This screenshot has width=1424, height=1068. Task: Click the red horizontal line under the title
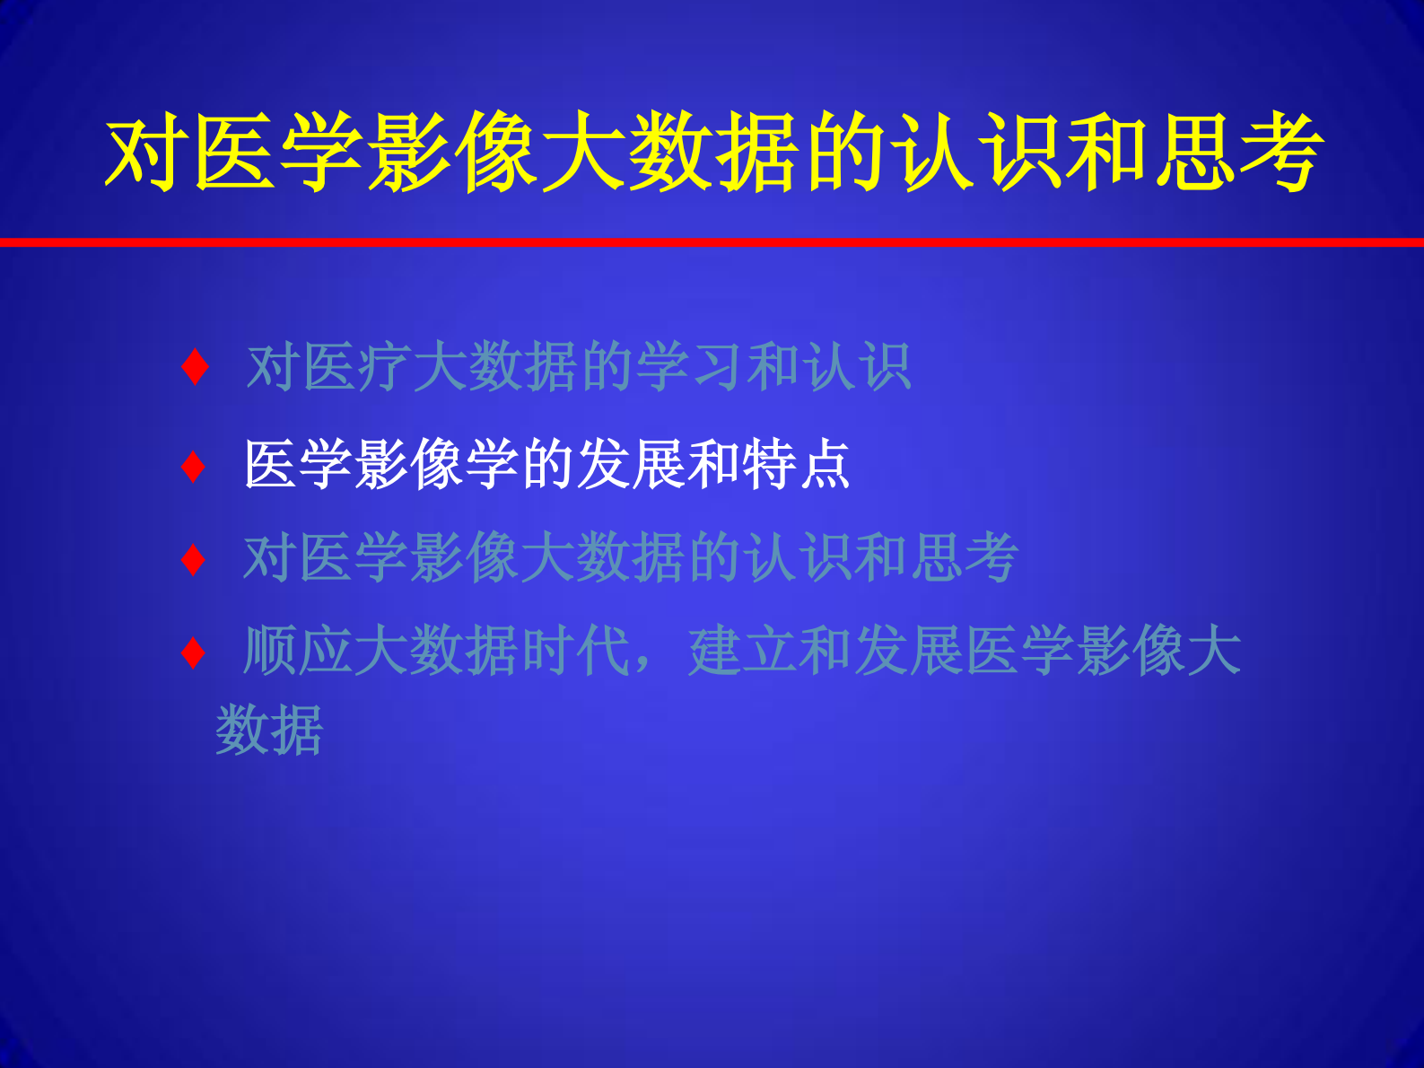tap(712, 242)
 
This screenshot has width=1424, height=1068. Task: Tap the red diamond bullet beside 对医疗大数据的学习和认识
tap(195, 368)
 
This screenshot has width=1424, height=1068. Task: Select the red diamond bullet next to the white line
tap(194, 467)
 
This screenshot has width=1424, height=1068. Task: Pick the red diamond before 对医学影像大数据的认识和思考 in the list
tap(194, 560)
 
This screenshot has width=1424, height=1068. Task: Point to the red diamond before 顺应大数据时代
tap(194, 652)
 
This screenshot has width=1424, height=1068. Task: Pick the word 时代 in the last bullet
tap(576, 651)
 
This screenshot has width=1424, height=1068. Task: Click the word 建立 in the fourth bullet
tap(743, 651)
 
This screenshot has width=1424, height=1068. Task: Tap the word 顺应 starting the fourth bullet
tap(298, 651)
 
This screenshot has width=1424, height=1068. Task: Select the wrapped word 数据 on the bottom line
tap(269, 730)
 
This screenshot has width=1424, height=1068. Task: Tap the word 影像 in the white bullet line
tap(409, 465)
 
